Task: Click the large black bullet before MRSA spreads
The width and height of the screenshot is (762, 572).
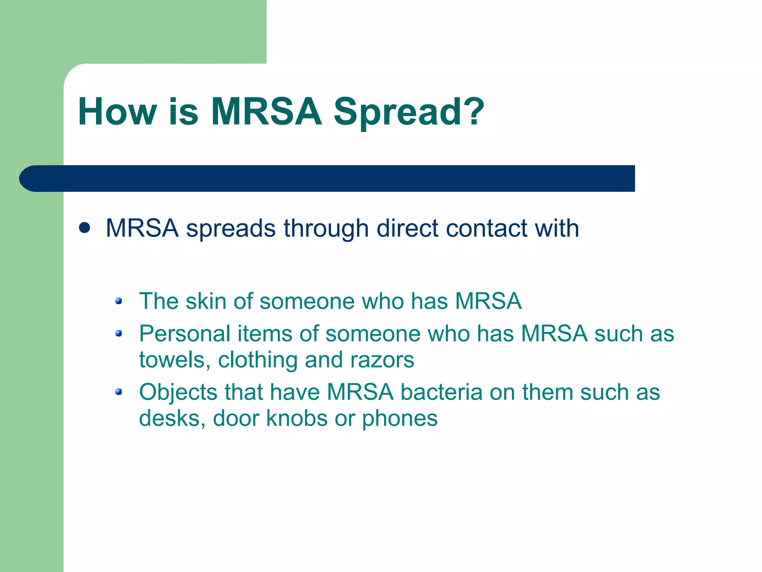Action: [x=85, y=228]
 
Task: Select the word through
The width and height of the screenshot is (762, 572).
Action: [x=326, y=228]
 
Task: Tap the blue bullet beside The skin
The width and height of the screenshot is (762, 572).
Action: [x=119, y=301]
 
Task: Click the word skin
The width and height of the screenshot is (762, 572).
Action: [x=206, y=301]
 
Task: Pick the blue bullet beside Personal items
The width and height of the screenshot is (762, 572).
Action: [x=119, y=333]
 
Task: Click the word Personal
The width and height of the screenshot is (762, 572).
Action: [x=185, y=333]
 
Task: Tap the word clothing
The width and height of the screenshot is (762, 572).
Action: [x=258, y=360]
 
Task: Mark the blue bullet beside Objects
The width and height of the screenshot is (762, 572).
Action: [x=119, y=391]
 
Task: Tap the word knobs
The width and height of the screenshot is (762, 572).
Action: [x=297, y=418]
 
